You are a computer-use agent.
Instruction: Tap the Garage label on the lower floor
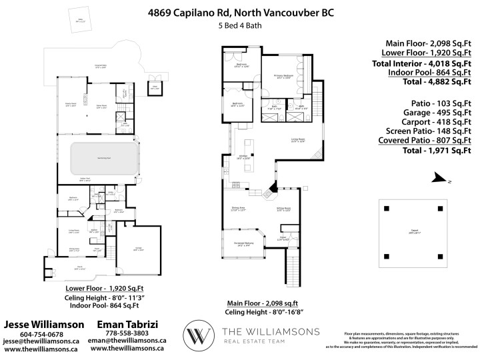(138, 249)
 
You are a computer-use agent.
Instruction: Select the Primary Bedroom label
(284, 77)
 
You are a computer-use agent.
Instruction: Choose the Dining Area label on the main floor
(238, 209)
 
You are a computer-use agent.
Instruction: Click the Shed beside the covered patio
(153, 87)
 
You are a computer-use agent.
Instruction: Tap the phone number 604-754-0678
(42, 334)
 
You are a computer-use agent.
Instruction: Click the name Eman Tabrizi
(129, 324)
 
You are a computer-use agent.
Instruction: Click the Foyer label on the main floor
(283, 238)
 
